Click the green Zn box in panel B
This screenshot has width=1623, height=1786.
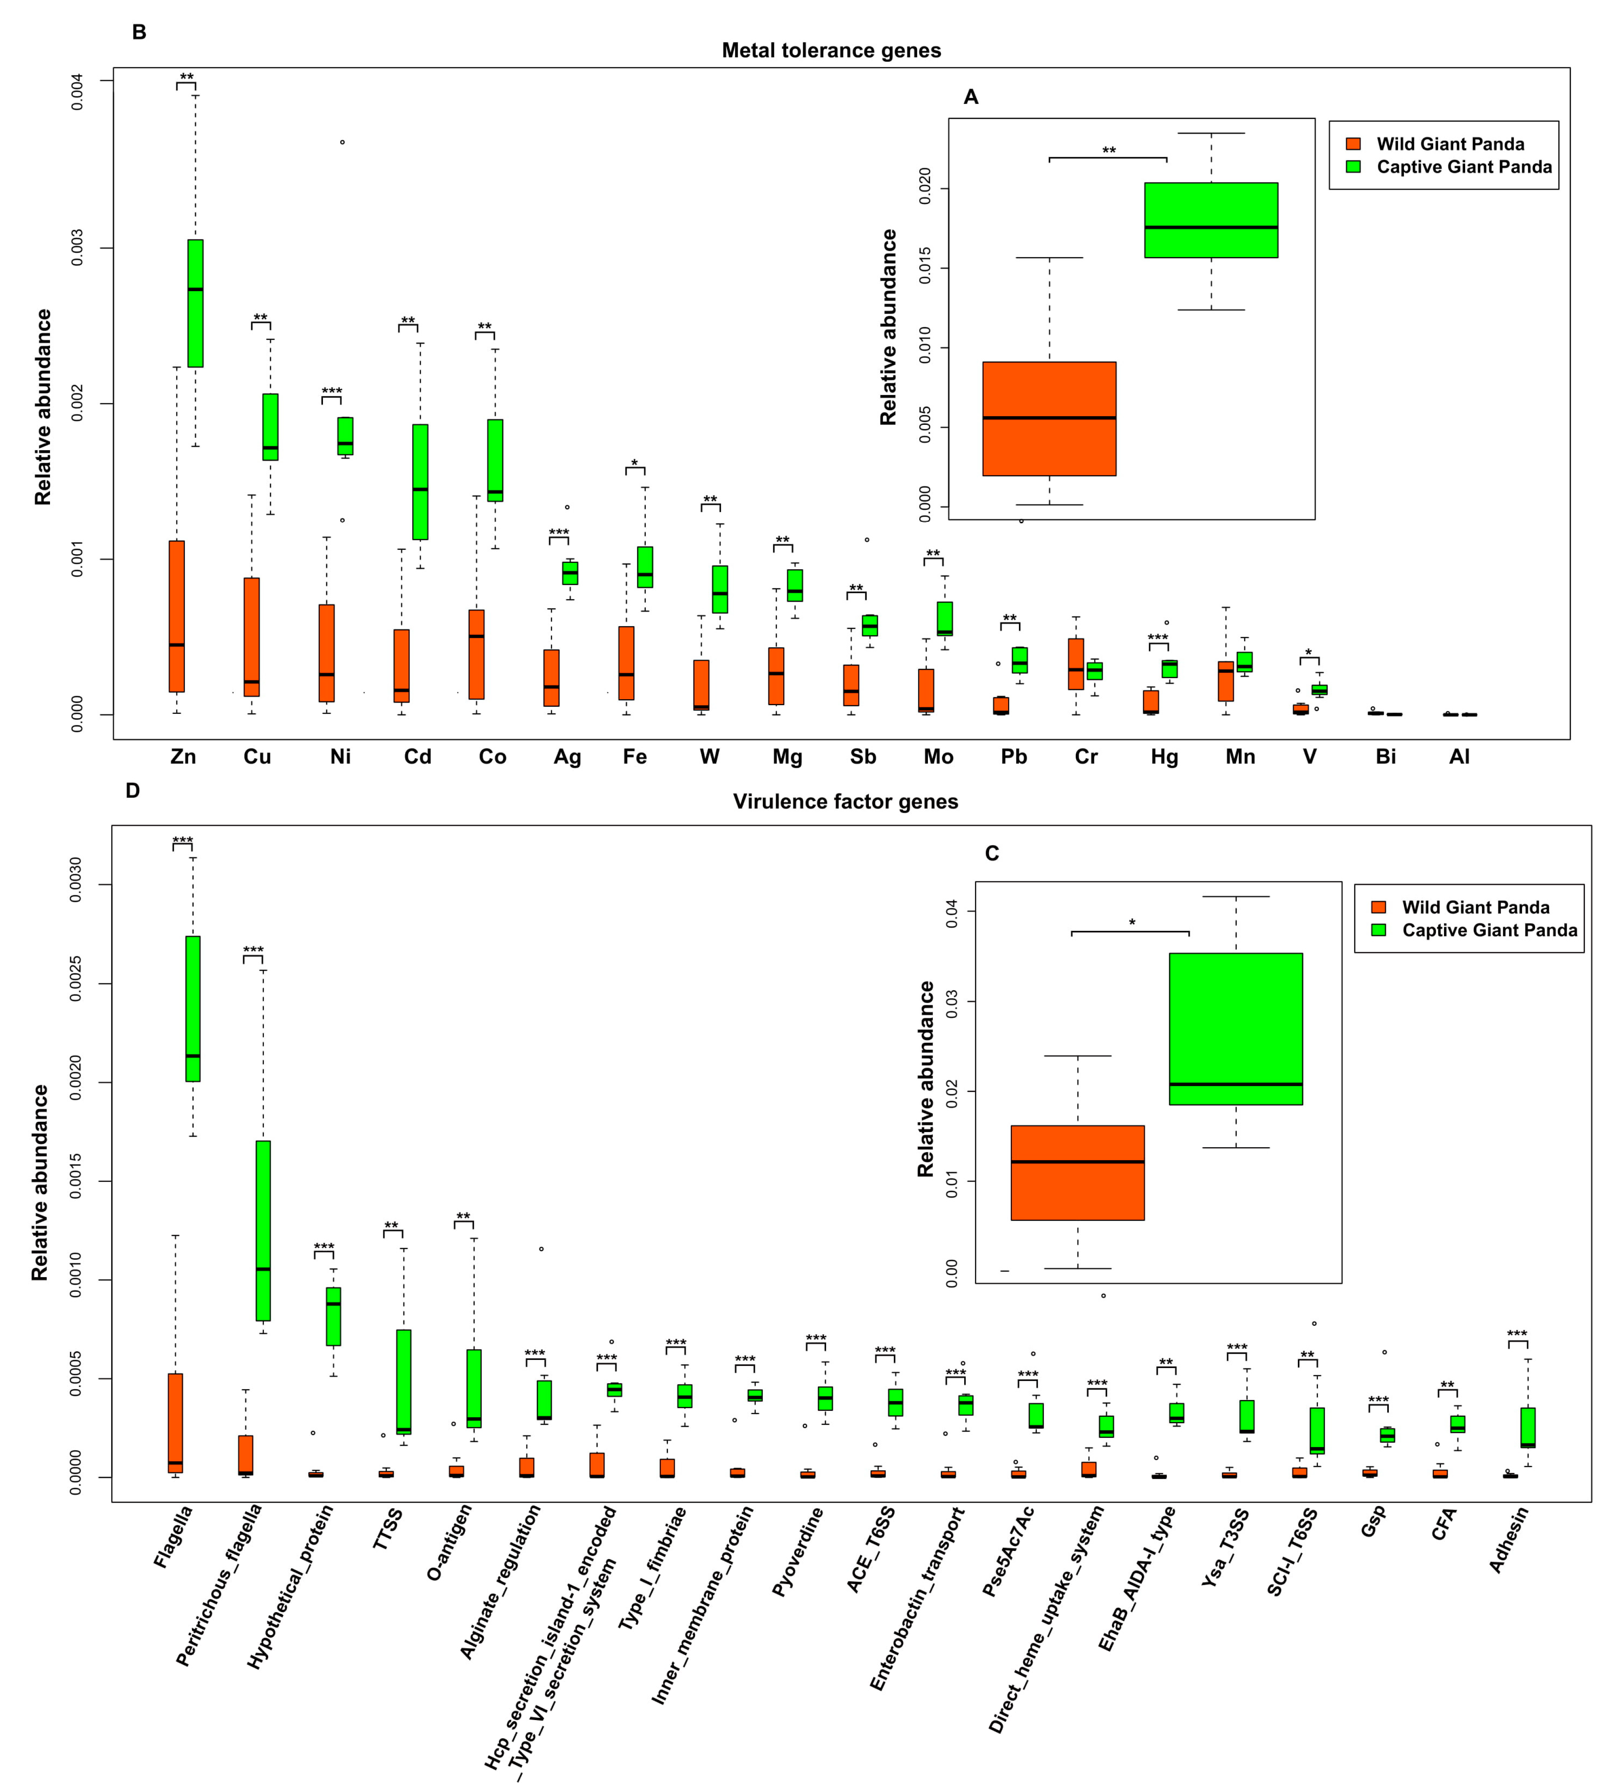tap(195, 303)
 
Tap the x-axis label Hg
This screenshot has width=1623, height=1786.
tap(1164, 756)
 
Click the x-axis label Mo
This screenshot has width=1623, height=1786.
tap(938, 756)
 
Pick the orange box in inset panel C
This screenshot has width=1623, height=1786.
tap(1077, 1173)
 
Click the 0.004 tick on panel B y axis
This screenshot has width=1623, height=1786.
tap(78, 92)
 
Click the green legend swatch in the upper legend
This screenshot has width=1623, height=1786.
tap(1353, 166)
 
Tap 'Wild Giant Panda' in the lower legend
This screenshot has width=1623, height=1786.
tap(1475, 907)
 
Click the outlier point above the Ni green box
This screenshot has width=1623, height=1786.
tap(343, 142)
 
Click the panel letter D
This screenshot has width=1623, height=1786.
tap(133, 790)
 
